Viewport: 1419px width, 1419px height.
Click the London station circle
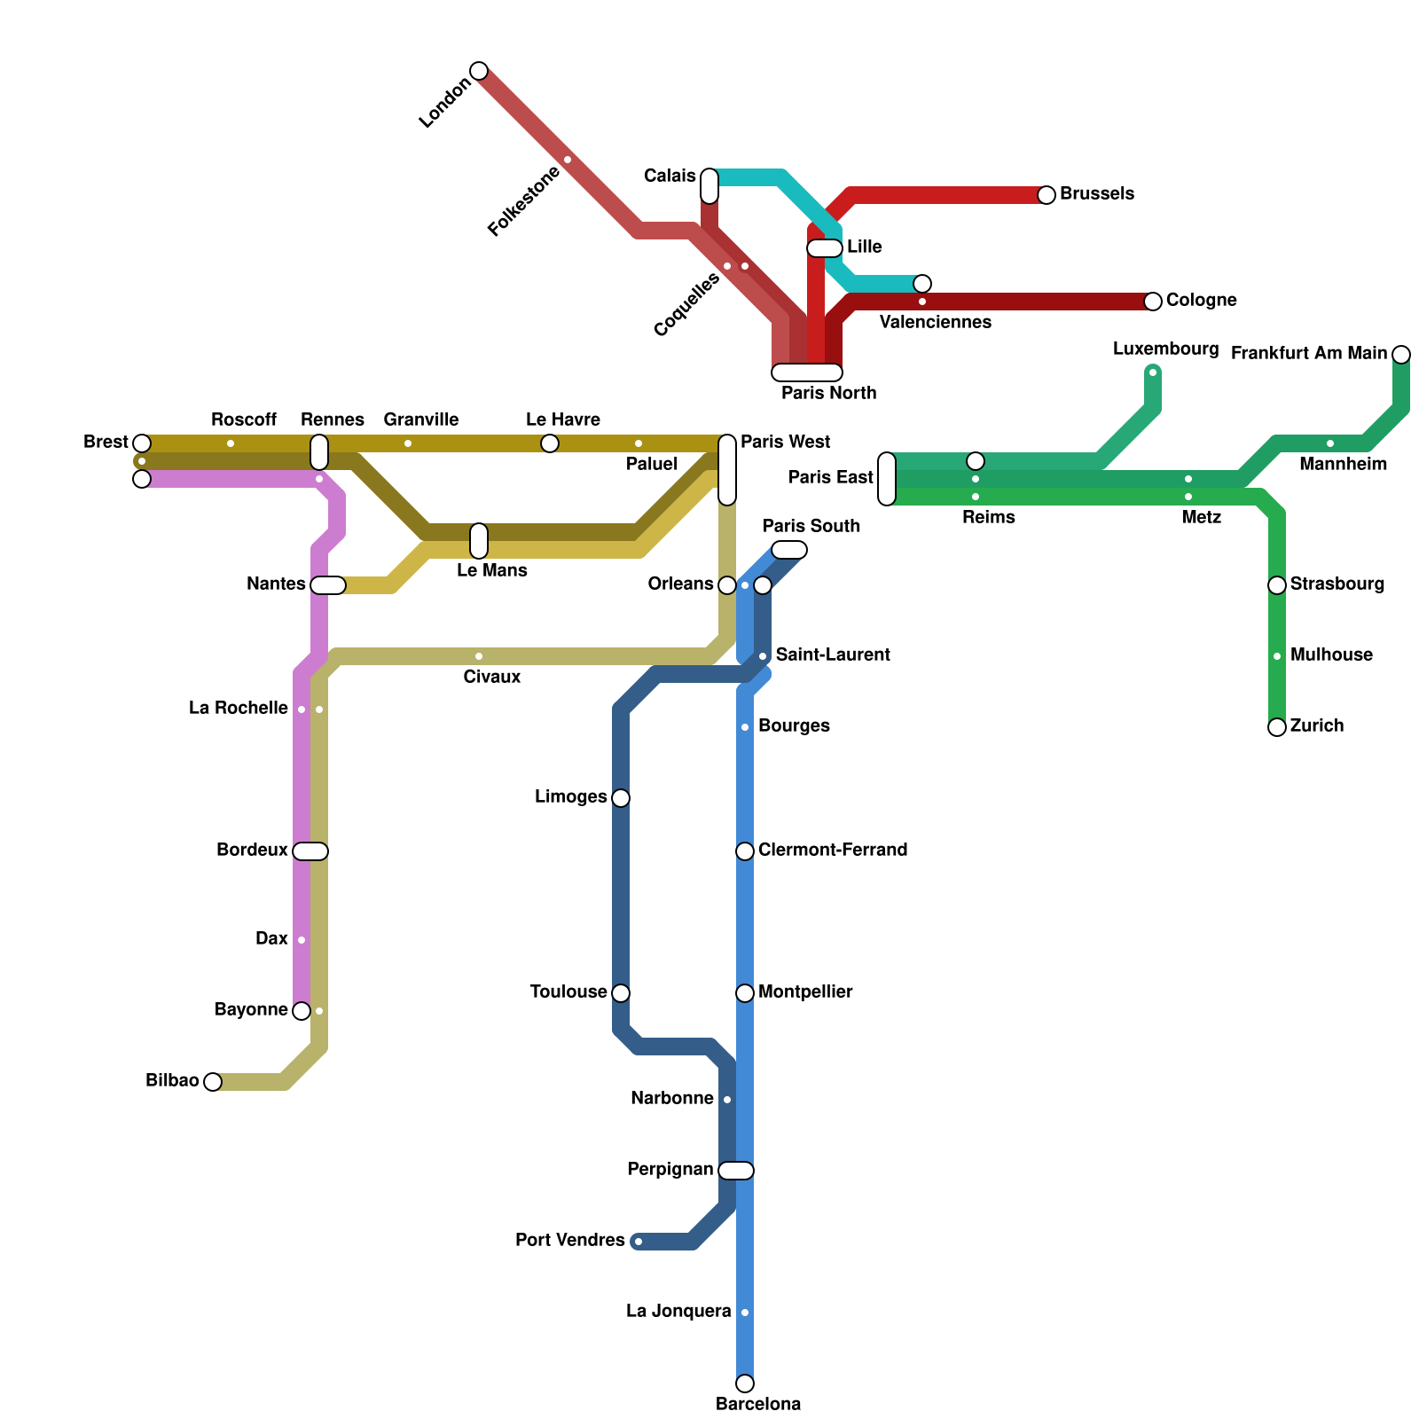[x=479, y=71]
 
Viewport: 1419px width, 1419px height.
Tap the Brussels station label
[x=1096, y=193]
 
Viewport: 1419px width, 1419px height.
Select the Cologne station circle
[x=1153, y=302]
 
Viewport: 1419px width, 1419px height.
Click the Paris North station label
[x=828, y=393]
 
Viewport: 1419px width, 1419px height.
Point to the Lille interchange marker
[x=824, y=248]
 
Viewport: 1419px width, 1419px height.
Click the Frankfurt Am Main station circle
[x=1401, y=355]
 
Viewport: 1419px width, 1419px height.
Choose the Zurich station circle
[x=1277, y=727]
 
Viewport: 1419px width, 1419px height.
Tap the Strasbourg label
[x=1337, y=584]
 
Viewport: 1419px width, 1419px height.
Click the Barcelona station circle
[x=745, y=1384]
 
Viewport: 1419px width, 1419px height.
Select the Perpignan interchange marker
[x=736, y=1171]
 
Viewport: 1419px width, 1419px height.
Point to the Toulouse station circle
[x=621, y=993]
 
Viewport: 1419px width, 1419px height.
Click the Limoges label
[x=571, y=796]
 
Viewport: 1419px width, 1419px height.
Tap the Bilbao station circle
[x=213, y=1082]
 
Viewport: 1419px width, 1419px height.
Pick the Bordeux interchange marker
[x=310, y=851]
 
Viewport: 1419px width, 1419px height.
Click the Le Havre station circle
[x=550, y=443]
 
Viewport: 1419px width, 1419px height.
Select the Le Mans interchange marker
[x=479, y=541]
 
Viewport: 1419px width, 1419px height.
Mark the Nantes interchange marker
[x=328, y=585]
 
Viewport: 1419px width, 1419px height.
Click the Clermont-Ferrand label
[x=832, y=850]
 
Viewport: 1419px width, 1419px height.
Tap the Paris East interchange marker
[x=887, y=479]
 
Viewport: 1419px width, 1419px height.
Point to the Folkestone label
[x=524, y=201]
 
